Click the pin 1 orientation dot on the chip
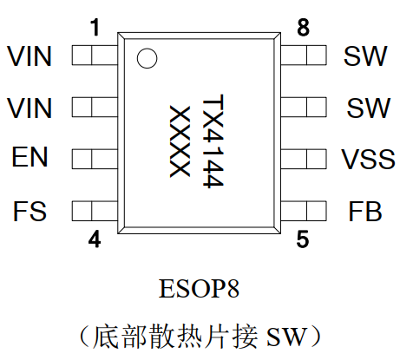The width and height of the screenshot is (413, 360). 147,58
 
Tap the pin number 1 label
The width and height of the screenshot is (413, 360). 95,27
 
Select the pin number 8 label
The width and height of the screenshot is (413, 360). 303,28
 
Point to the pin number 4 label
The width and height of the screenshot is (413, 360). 95,239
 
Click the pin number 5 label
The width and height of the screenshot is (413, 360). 303,239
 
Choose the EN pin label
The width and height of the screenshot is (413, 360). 29,157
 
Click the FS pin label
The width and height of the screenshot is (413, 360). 29,211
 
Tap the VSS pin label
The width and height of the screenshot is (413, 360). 368,159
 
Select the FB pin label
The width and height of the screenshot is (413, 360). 365,211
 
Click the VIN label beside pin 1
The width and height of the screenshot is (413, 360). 29,56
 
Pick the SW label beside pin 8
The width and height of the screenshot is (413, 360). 365,56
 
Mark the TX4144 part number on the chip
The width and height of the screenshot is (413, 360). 213,141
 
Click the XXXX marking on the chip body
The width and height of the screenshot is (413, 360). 180,141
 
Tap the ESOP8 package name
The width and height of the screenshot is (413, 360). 199,288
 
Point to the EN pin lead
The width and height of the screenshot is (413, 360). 95,159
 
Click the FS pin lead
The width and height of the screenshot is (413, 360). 95,211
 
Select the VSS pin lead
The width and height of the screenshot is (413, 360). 304,159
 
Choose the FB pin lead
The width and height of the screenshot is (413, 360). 304,211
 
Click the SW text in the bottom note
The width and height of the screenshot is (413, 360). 286,337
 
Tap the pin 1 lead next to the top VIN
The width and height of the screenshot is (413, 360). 95,55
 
